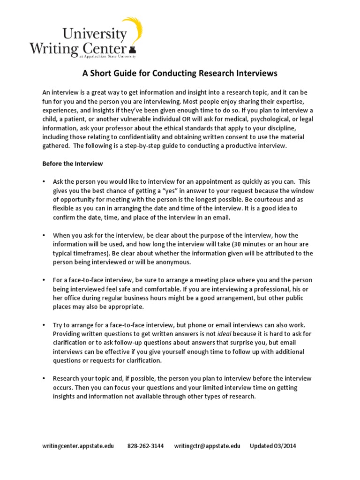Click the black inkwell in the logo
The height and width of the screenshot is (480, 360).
133,48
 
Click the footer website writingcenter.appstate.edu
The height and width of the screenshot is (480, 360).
78,446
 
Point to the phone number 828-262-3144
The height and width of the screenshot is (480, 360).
145,446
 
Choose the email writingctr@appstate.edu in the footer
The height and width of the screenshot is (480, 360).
207,446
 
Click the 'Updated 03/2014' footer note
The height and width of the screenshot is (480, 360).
273,446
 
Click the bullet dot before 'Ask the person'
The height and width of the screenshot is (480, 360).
44,182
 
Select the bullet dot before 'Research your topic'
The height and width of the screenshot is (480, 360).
44,378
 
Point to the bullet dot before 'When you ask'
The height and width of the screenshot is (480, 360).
44,235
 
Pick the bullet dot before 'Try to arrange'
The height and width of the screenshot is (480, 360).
44,325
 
